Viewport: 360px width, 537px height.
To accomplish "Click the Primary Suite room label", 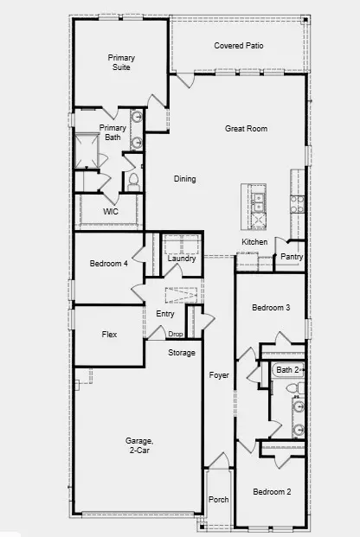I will click(x=121, y=62).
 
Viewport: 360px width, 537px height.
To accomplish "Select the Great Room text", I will click(x=246, y=129).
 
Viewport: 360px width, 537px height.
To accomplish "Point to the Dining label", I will click(x=184, y=179).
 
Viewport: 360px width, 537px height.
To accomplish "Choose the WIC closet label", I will click(x=110, y=211).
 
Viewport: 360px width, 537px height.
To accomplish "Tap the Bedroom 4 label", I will click(x=109, y=263).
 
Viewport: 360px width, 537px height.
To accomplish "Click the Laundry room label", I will click(x=182, y=259).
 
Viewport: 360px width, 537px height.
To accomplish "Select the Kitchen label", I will click(x=254, y=242).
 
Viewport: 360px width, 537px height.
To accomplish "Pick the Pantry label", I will click(x=292, y=257).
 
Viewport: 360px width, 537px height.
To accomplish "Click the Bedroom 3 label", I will click(x=270, y=308).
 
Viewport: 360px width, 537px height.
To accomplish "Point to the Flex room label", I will click(x=109, y=334).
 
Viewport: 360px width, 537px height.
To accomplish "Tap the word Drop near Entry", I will click(x=176, y=335).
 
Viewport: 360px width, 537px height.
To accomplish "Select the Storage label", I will click(x=182, y=353).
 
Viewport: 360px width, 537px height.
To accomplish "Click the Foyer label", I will click(x=219, y=375).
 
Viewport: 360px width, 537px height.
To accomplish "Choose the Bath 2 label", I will click(x=286, y=370).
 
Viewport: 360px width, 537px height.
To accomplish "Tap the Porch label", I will click(x=218, y=501).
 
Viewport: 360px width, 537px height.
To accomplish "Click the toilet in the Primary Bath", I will click(x=133, y=182).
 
